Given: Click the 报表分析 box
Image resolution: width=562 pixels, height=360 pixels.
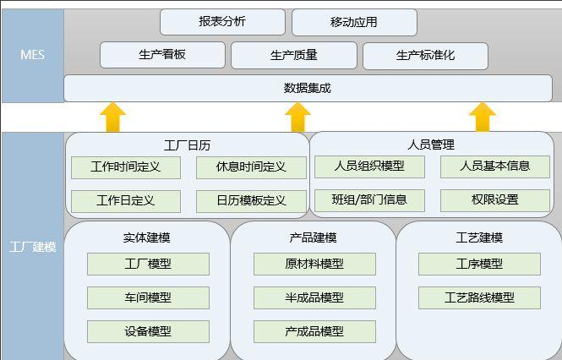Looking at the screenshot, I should [222, 22].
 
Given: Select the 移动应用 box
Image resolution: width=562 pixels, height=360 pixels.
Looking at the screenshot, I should [354, 23].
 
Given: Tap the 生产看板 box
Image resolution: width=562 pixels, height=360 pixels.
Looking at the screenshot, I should [162, 55].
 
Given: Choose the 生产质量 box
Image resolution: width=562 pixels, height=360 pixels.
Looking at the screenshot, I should [293, 55].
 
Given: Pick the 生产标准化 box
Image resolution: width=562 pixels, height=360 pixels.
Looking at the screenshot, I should [425, 55].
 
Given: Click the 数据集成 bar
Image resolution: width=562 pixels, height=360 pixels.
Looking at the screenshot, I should [308, 88].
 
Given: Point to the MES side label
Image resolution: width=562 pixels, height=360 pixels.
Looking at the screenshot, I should [32, 55].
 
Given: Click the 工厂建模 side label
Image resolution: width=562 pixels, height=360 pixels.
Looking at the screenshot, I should [32, 247].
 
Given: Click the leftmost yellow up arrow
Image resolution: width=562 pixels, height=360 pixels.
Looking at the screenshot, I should [112, 117].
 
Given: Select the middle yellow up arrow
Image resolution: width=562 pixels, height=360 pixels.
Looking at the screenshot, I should [298, 117].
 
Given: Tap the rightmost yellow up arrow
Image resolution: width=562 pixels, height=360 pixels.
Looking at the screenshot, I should [483, 117].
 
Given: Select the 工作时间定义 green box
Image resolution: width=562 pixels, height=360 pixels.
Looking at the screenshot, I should [126, 167].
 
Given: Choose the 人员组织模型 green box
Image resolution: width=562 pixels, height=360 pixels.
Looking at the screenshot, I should [369, 166].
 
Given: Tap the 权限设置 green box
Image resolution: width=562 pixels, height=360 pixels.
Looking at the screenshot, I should [495, 200].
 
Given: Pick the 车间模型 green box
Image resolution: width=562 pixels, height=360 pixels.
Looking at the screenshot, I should [148, 297].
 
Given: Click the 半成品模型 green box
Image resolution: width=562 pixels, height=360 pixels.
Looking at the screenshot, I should [314, 297].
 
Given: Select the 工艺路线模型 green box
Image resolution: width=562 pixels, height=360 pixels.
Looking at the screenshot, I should [479, 297].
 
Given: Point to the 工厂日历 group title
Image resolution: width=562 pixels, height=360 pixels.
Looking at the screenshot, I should [187, 145].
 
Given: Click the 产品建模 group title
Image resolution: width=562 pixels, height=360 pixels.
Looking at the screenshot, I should [313, 237].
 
